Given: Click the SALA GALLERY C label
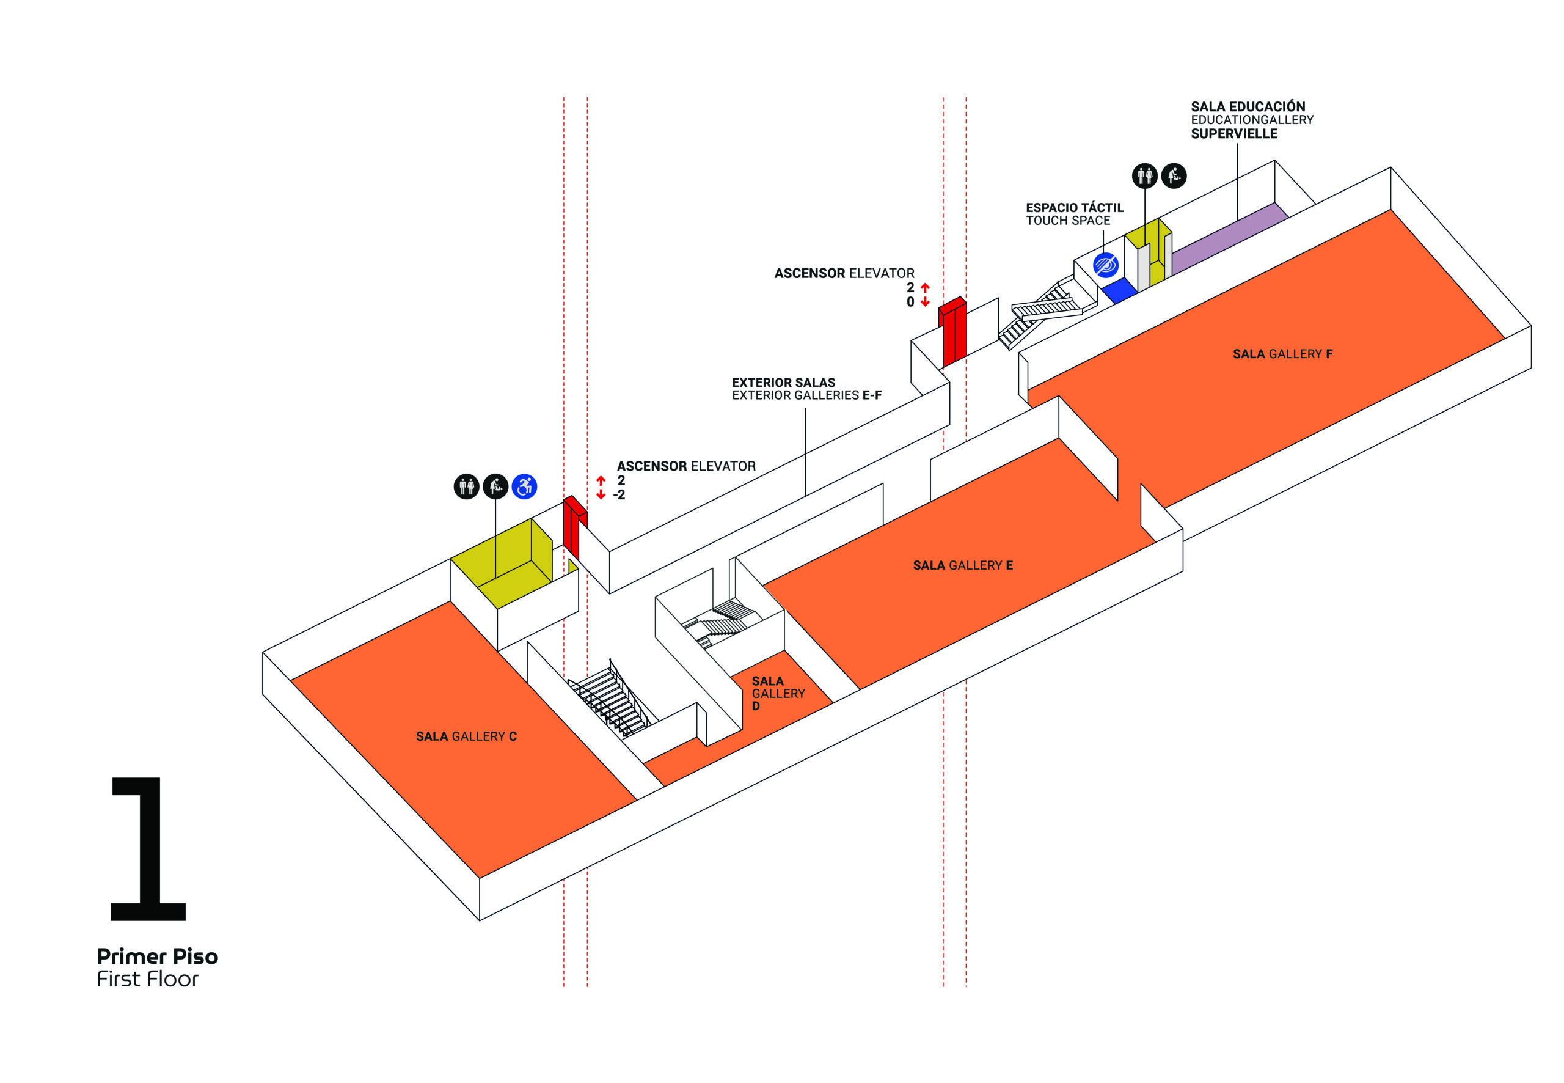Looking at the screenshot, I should [x=466, y=736].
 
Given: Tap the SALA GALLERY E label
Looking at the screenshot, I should [x=962, y=565].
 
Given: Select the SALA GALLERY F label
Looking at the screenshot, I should [x=1282, y=353].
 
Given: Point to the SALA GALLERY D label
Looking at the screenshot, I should [x=777, y=693].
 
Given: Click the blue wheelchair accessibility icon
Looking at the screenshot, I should [x=524, y=486].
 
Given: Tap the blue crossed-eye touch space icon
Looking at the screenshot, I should [x=1106, y=265].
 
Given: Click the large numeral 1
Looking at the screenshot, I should [x=148, y=848].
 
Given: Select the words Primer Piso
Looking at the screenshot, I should [x=158, y=956].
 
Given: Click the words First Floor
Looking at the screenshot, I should [x=147, y=978].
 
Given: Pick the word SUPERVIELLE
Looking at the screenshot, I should [x=1233, y=134].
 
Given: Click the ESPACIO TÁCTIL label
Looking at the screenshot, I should [x=1074, y=208].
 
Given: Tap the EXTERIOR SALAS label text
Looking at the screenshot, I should [x=783, y=383].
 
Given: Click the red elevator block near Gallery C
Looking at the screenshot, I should [x=574, y=526].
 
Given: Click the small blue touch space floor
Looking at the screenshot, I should [x=1119, y=290].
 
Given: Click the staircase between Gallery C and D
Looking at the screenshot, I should [x=610, y=699].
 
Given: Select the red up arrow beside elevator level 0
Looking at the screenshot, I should [x=925, y=288].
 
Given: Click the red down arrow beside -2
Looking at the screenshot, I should [x=600, y=494].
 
